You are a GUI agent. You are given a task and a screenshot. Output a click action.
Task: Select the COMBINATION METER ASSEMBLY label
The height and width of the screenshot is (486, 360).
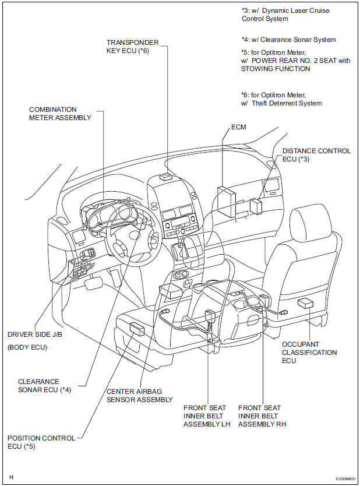(x=61, y=113)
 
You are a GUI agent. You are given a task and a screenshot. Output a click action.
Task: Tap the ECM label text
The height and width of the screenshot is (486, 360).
(x=239, y=126)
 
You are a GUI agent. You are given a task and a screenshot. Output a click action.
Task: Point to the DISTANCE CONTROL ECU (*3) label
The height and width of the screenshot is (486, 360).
(x=316, y=155)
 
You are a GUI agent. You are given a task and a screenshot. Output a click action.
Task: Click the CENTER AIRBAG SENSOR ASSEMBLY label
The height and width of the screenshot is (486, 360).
(x=139, y=395)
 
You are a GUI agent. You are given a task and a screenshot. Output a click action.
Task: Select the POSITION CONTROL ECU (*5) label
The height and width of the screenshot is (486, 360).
(x=41, y=442)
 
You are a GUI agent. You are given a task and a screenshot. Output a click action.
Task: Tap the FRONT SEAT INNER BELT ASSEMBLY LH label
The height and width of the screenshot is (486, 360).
(x=207, y=416)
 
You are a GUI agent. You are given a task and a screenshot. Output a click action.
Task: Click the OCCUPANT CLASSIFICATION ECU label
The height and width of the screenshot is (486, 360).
(x=309, y=353)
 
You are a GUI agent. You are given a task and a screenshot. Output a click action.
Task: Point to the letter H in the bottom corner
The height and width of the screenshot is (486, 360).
(x=12, y=477)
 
